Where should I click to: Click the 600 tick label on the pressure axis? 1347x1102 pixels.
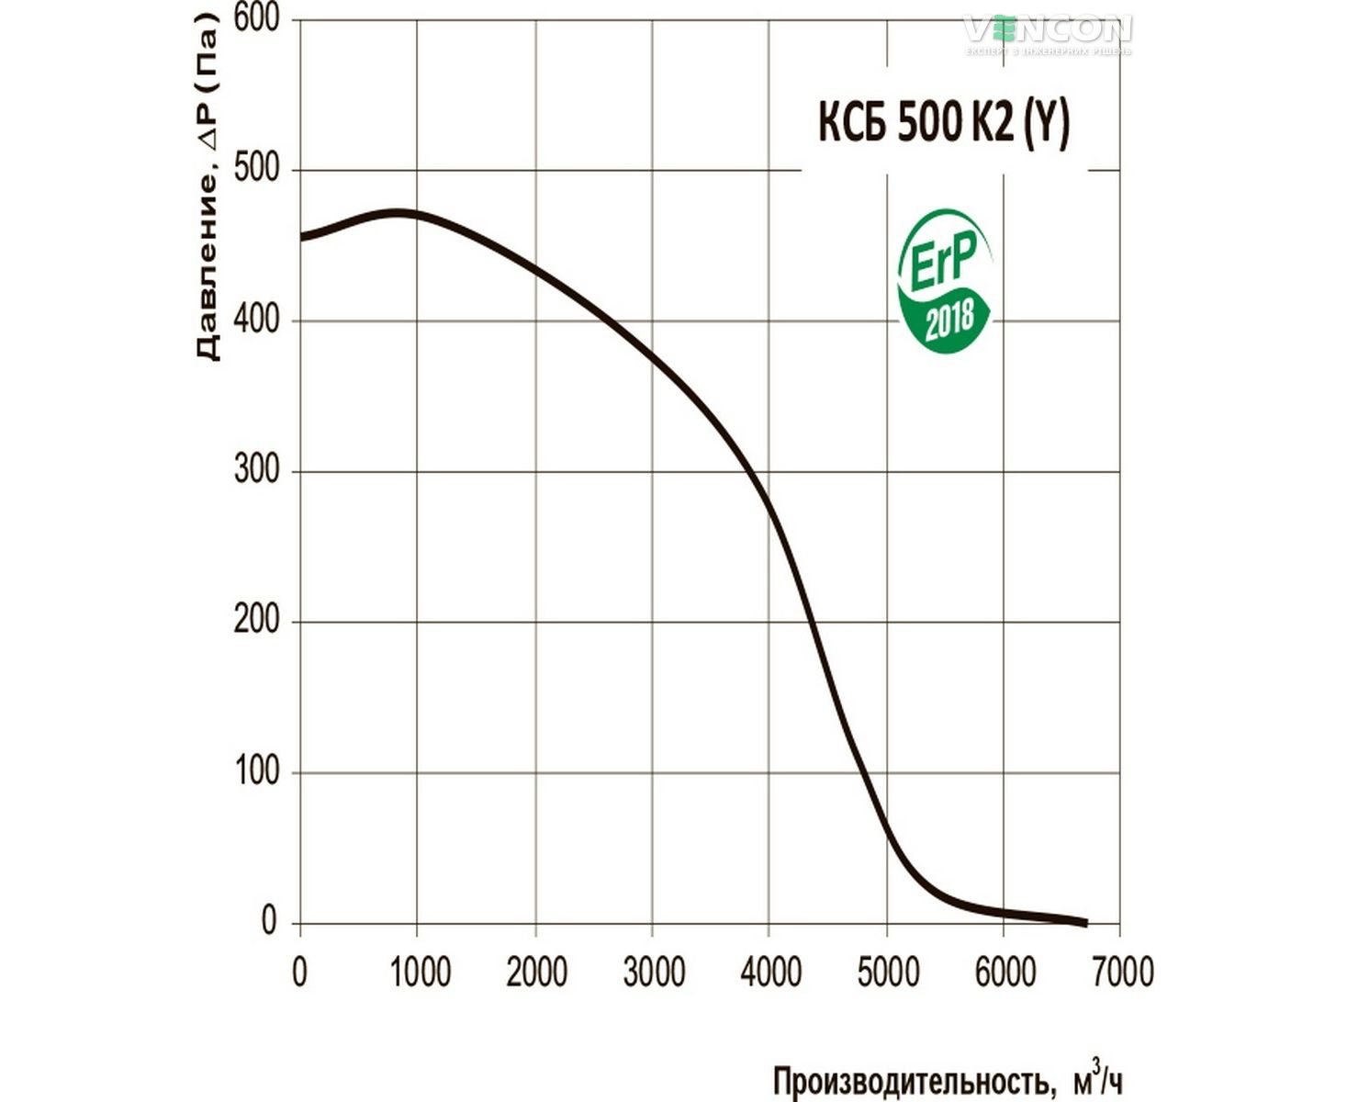[x=256, y=19]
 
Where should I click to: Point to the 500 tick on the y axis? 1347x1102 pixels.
[x=256, y=170]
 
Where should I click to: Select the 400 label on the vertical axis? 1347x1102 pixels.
[x=256, y=320]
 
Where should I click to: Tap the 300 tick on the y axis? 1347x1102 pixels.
[x=256, y=471]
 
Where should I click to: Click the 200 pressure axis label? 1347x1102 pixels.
[x=256, y=622]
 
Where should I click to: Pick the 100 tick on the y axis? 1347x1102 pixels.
[x=256, y=772]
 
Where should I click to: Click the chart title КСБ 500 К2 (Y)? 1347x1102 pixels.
[x=944, y=123]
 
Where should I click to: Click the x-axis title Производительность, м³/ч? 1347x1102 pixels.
[x=947, y=1081]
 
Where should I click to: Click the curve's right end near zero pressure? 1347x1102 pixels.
[x=1084, y=922]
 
